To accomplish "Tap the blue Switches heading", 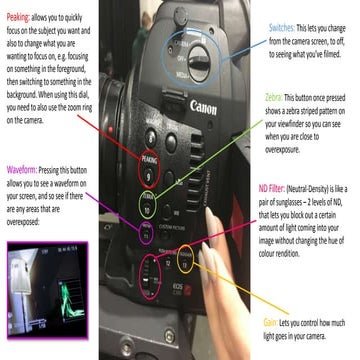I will tap(286, 21).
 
